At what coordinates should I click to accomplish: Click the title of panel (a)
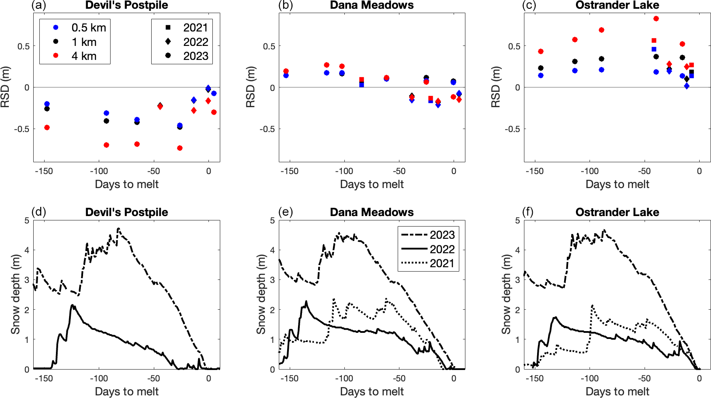click(127, 5)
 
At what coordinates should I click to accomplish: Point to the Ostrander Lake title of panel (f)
click(617, 212)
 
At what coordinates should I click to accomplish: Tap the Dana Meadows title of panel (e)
click(372, 212)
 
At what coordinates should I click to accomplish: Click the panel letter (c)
click(529, 5)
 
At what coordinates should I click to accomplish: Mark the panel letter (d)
click(39, 212)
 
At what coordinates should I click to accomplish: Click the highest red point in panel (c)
click(656, 19)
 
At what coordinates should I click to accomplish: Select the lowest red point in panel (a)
click(180, 148)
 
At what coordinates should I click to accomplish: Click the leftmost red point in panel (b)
click(286, 71)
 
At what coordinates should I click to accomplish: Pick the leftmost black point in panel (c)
click(541, 68)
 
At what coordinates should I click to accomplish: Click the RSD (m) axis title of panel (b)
click(250, 87)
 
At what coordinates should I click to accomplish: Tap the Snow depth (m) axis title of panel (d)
click(15, 294)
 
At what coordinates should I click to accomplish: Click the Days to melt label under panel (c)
click(617, 184)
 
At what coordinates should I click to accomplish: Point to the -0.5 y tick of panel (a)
click(22, 129)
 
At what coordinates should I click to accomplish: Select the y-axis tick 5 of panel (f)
click(518, 220)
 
